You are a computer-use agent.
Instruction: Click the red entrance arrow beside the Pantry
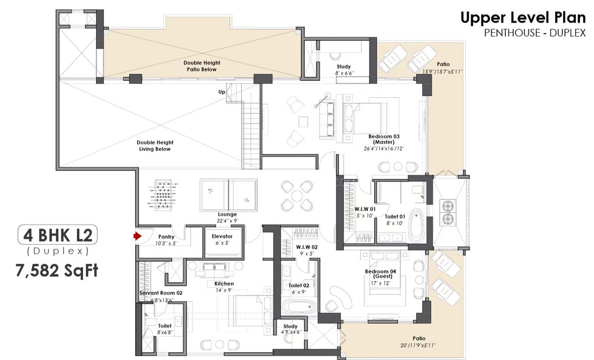point(137,236)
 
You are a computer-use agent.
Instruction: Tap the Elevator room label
point(222,236)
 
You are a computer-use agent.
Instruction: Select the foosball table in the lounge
point(162,195)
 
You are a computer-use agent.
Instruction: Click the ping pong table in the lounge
point(228,195)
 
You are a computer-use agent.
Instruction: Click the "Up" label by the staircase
point(222,92)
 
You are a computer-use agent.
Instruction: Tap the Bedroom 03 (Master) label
point(384,139)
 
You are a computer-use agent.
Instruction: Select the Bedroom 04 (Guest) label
point(380,274)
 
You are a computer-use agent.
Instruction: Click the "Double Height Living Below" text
point(155,145)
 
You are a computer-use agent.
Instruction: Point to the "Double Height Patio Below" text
point(202,66)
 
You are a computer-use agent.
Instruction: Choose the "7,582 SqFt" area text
point(57,270)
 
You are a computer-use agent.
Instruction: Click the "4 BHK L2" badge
point(57,236)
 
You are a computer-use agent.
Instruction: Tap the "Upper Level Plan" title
point(523,18)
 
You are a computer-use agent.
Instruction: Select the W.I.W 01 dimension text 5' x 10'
point(365,216)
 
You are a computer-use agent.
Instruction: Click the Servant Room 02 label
point(161,293)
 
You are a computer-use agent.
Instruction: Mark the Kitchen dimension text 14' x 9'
point(224,290)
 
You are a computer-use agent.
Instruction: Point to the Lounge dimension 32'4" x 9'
point(227,221)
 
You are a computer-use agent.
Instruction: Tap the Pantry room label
point(166,237)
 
